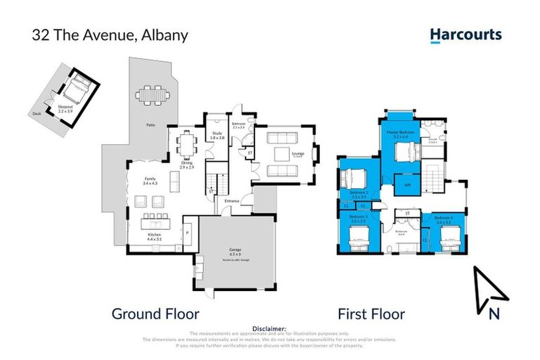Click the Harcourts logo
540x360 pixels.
tap(465, 34)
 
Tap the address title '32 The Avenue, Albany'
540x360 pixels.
tap(110, 35)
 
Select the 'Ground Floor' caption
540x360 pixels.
tap(155, 314)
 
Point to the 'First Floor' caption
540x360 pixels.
tap(371, 314)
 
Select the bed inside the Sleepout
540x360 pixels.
tap(76, 90)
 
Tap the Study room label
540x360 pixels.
tap(217, 136)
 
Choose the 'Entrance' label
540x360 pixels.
tap(232, 201)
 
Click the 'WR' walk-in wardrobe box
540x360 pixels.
tap(407, 186)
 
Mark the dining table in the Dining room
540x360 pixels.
tap(186, 147)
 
